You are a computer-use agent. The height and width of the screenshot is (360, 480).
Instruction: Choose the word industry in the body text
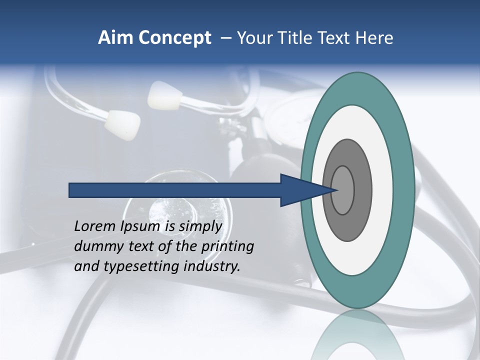coord(212,266)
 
